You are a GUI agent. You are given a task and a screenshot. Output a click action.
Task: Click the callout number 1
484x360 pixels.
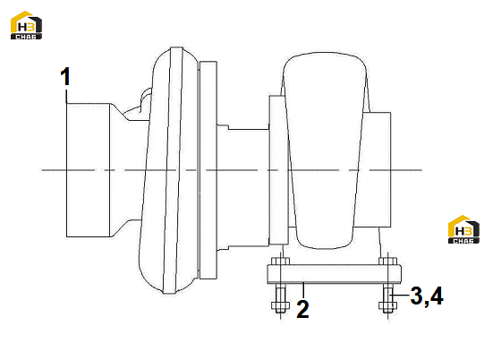coord(65,76)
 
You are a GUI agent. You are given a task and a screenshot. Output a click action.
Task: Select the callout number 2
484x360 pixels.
coord(302,308)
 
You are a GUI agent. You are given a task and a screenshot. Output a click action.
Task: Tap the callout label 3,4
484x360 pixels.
coord(427,296)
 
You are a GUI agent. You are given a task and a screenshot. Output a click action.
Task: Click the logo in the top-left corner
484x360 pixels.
coord(26,25)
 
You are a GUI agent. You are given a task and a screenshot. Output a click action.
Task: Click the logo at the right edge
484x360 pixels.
coord(463,229)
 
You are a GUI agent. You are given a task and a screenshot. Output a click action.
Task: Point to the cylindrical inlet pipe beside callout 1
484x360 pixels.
coord(89,170)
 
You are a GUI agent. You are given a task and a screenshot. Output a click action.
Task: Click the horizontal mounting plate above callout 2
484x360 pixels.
coord(334,274)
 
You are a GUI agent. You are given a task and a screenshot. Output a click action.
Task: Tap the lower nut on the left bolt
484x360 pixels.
coord(280,305)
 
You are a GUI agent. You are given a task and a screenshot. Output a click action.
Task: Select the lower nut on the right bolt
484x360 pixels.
coord(387,305)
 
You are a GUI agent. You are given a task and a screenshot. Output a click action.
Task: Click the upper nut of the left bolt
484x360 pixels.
coord(280,261)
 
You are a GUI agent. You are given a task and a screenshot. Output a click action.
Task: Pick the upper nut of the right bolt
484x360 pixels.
coord(387,261)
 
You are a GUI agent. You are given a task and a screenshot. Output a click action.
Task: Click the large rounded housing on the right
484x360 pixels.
coord(324,150)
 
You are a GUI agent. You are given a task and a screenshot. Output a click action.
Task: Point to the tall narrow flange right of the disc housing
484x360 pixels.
coord(208,170)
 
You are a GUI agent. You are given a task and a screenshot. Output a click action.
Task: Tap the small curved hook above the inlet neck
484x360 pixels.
coord(146,99)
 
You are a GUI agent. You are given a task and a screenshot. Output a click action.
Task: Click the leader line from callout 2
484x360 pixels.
coord(304,290)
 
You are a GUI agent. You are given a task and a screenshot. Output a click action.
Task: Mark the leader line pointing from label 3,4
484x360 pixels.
coord(399,296)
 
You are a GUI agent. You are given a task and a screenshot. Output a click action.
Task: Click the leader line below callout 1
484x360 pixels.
coord(66,97)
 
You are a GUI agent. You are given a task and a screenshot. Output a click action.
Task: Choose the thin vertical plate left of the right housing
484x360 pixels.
coord(279,169)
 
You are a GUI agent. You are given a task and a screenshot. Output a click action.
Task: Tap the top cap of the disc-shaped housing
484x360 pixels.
coord(176,49)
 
